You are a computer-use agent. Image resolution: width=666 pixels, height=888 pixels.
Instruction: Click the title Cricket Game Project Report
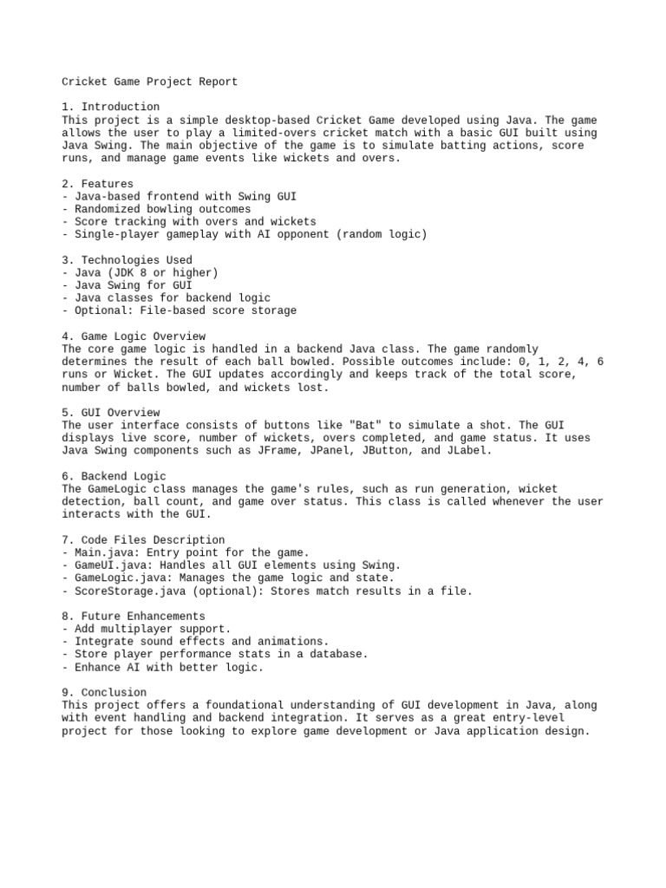149,82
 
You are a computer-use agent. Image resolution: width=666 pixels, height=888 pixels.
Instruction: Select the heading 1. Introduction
110,108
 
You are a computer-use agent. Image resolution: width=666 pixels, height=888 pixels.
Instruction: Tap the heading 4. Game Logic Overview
134,336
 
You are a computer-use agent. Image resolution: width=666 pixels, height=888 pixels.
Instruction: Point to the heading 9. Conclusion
104,692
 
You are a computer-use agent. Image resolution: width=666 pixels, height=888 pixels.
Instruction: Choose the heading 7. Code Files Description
143,539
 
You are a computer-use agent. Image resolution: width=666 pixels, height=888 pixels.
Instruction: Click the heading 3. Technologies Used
127,259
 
